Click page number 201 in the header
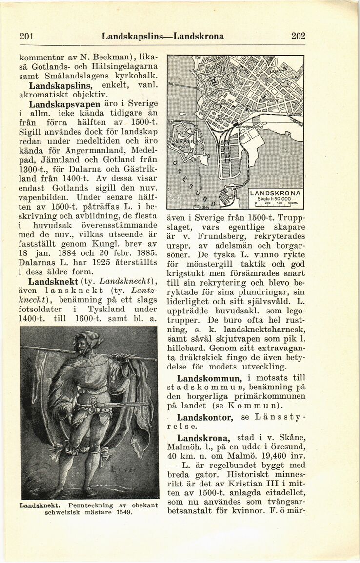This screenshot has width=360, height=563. [x=25, y=36]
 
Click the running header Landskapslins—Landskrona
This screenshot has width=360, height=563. [x=162, y=36]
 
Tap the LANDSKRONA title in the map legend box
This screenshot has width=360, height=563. [x=276, y=192]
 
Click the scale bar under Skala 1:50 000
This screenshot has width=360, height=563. [x=276, y=204]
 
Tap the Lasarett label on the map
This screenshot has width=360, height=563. [x=280, y=72]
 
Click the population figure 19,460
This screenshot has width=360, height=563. [x=270, y=457]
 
